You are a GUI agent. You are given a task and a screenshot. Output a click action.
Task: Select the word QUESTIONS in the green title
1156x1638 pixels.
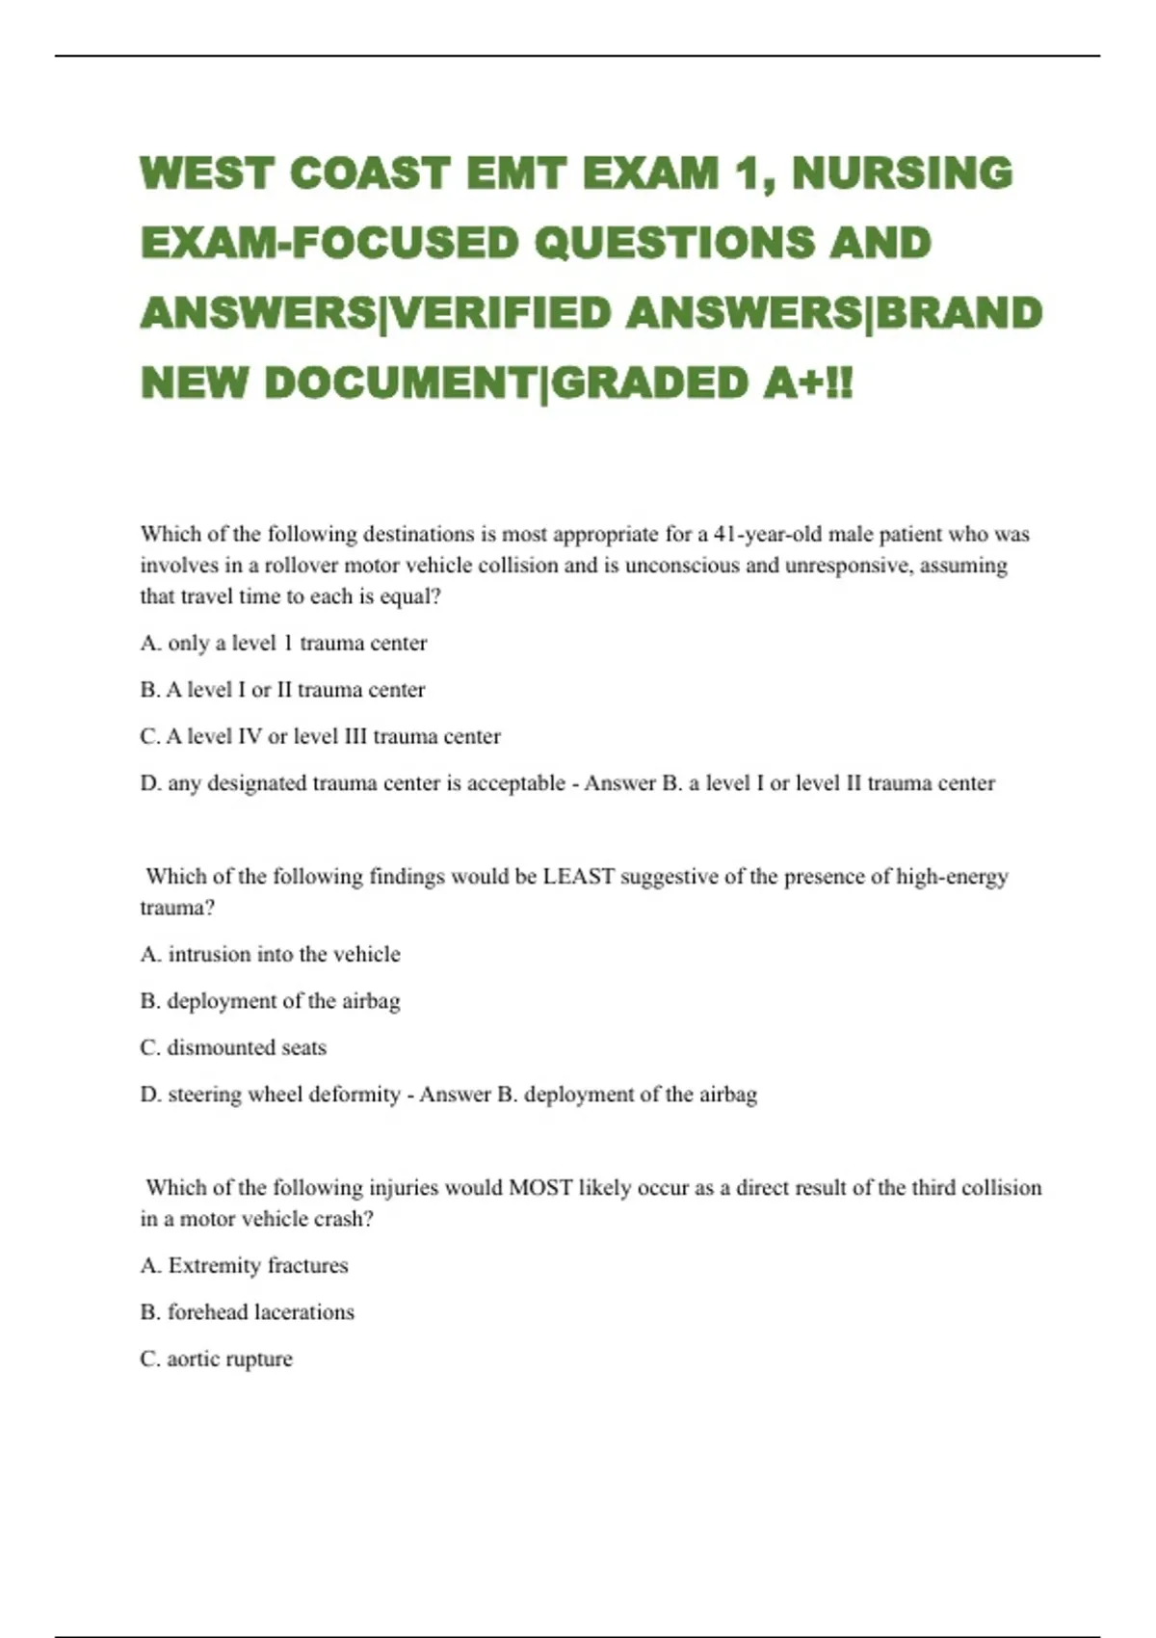point(672,243)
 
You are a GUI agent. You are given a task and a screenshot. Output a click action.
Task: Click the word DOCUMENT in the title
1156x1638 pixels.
point(398,383)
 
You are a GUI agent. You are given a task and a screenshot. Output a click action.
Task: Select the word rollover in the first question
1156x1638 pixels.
point(302,565)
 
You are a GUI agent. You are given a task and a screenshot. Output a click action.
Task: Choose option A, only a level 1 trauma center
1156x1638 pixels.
point(283,643)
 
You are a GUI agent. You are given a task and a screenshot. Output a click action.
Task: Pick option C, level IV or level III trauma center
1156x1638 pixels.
point(320,736)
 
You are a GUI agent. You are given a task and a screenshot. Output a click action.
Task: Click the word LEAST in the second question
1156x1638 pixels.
point(578,877)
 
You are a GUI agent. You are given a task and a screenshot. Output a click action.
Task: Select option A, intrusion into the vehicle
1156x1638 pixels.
point(270,954)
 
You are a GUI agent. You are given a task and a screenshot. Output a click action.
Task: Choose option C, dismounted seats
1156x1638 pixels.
point(233,1047)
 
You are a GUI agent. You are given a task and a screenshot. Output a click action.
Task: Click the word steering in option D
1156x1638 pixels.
point(204,1095)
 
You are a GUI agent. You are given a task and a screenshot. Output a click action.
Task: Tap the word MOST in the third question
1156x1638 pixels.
point(540,1188)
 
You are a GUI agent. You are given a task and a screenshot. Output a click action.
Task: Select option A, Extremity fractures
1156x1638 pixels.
point(244,1265)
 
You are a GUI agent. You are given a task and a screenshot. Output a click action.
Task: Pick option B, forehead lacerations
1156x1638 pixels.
point(247,1312)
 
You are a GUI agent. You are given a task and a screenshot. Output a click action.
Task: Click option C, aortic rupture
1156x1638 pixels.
point(216,1359)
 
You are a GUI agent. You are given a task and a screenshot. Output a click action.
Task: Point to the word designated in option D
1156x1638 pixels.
point(256,783)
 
